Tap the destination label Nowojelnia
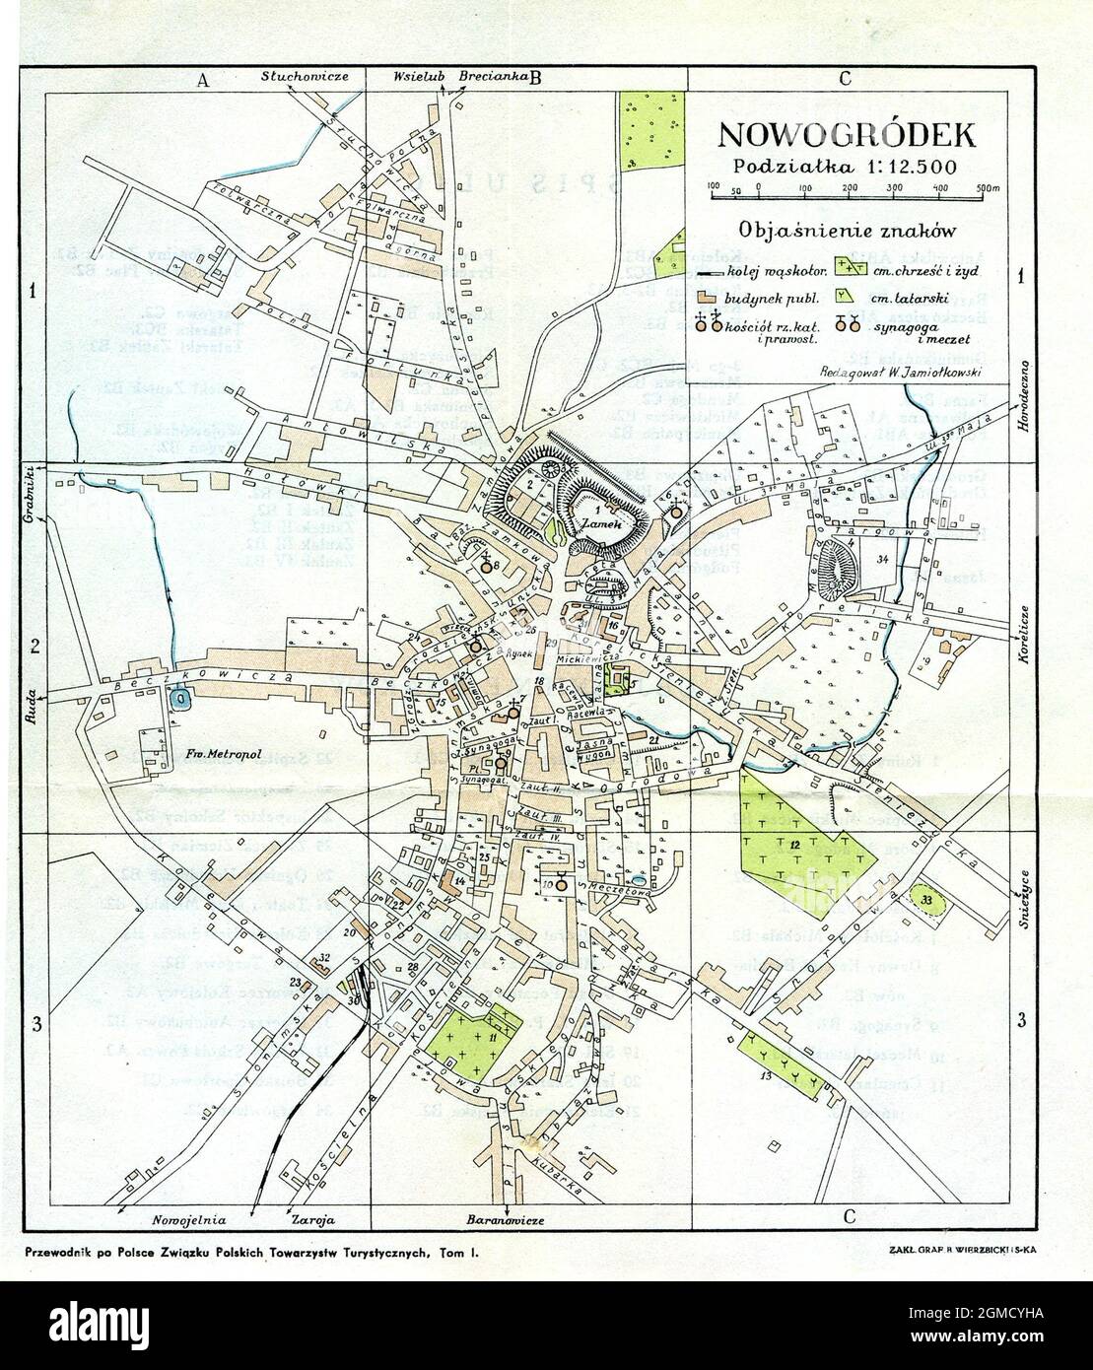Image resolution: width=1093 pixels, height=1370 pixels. (190, 1219)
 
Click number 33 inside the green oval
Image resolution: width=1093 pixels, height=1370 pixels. (925, 899)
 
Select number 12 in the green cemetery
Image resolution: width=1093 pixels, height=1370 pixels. (794, 844)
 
